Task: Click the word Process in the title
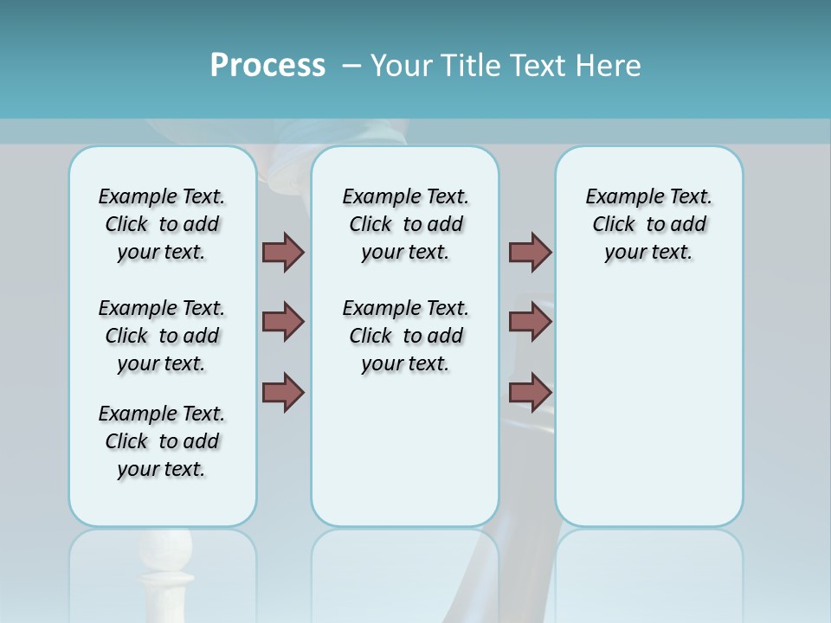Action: point(267,66)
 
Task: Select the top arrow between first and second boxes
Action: point(283,253)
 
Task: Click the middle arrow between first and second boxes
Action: point(283,322)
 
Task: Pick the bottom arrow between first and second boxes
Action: point(283,392)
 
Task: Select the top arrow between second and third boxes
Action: point(530,253)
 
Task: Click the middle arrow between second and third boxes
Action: point(530,322)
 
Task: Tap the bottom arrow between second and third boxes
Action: point(530,392)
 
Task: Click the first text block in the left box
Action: point(162,224)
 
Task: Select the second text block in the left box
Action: point(162,336)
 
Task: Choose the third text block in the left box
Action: point(162,441)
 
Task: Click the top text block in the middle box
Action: point(405,224)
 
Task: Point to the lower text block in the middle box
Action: point(405,336)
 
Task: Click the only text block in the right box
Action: point(648,224)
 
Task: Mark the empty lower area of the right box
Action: point(648,407)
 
